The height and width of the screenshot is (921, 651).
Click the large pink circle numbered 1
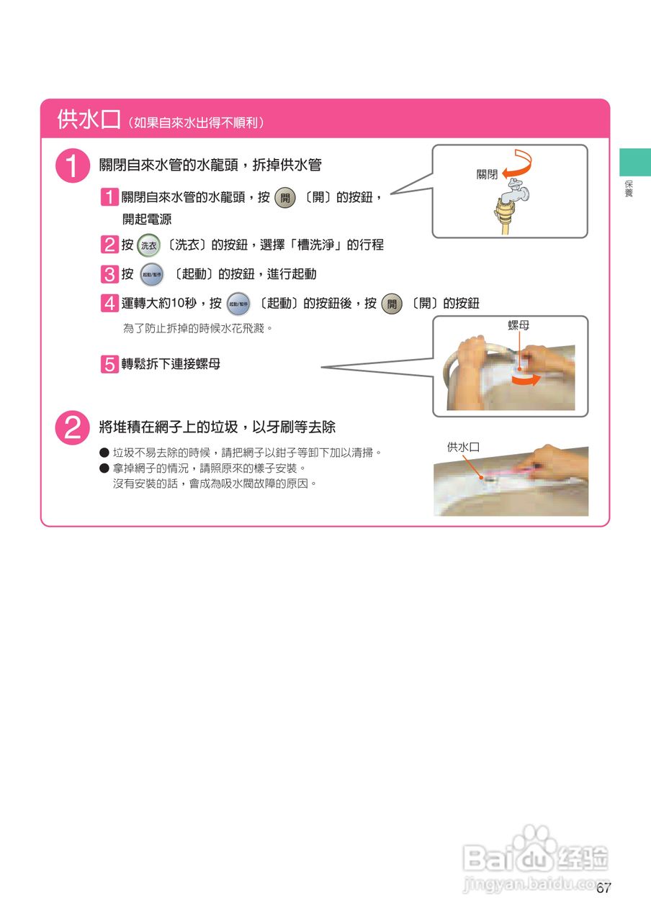[x=73, y=165]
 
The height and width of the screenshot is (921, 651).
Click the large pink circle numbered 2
[x=73, y=427]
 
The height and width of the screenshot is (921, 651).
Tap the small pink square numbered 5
[x=109, y=364]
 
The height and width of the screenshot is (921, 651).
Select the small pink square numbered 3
[x=109, y=274]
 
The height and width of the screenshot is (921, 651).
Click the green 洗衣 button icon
[x=148, y=245]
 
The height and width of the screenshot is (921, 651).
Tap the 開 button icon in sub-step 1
[x=285, y=198]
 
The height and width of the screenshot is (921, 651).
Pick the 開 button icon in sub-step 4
[x=392, y=304]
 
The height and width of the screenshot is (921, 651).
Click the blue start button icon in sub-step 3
[x=152, y=274]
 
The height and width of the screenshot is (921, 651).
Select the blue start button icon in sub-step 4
[x=238, y=304]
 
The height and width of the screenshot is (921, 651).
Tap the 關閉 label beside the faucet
[x=487, y=174]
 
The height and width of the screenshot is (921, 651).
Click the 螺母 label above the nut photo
[x=518, y=325]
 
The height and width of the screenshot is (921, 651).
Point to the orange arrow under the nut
[x=526, y=379]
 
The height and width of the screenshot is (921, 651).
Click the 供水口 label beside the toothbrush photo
[x=463, y=447]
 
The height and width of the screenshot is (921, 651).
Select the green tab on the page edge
[x=635, y=162]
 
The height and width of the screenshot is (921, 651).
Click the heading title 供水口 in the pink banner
[x=89, y=119]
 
